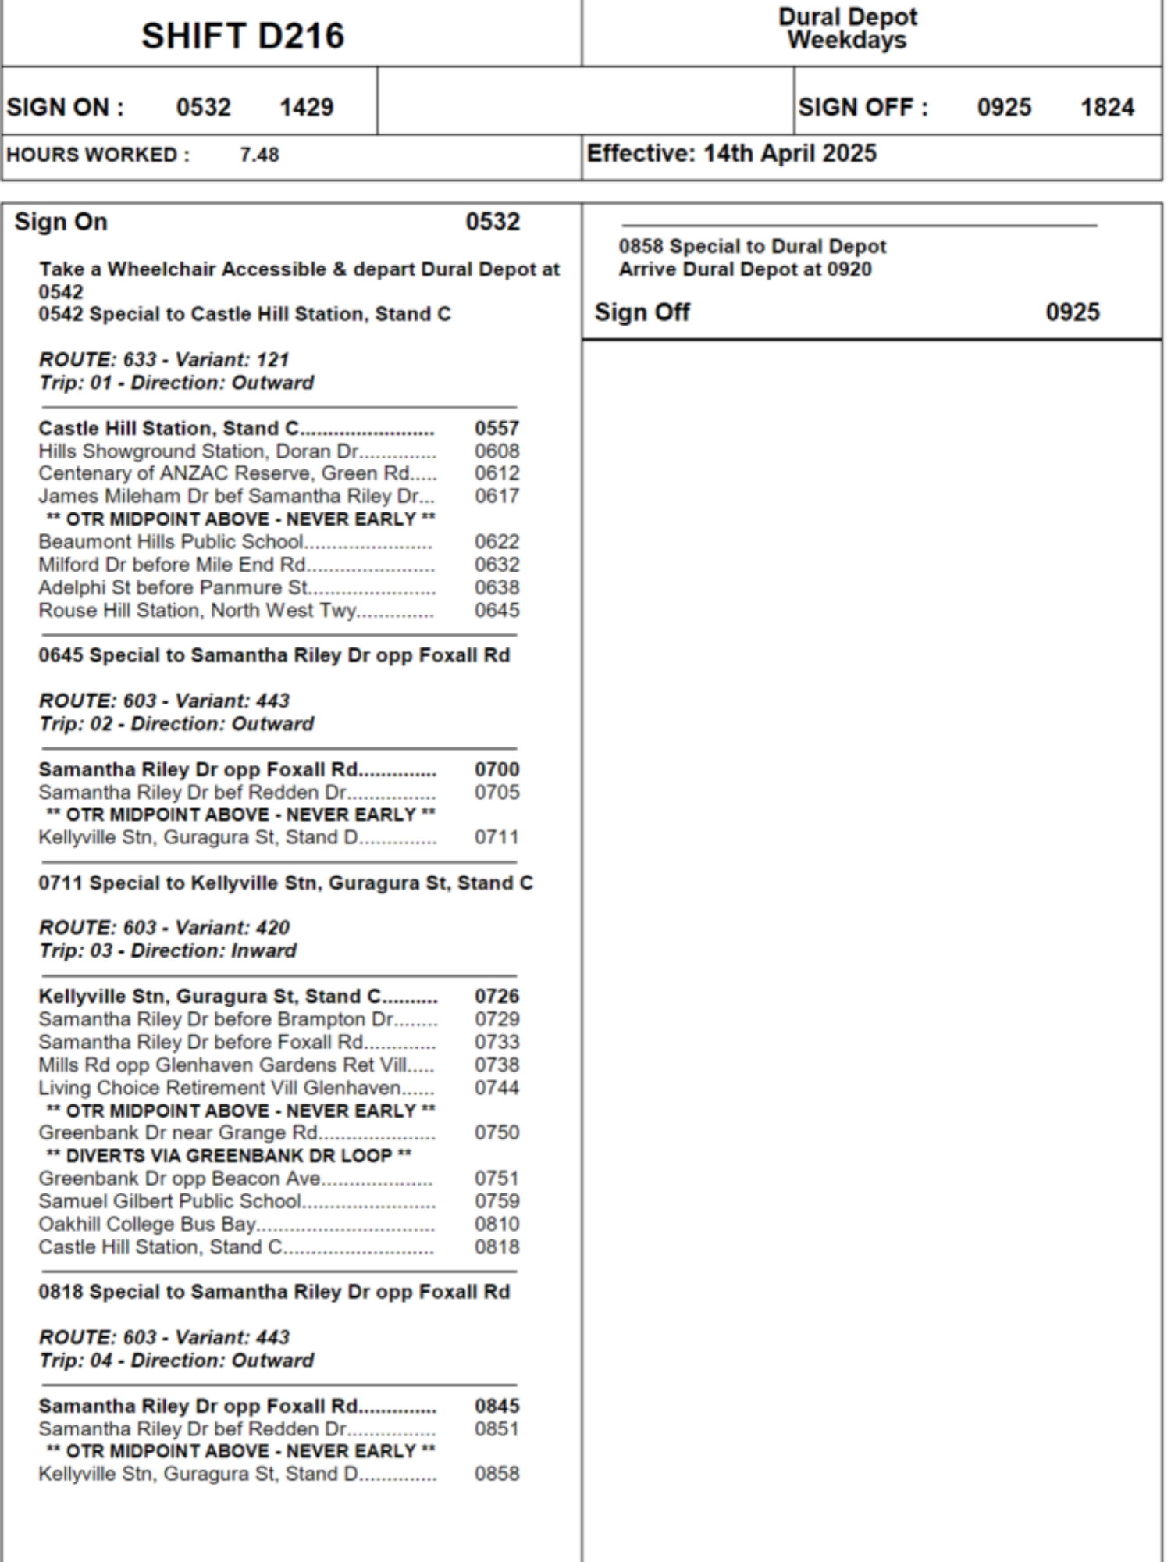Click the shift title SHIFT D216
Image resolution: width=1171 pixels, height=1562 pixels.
[242, 36]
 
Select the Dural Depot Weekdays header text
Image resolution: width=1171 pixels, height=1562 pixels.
[847, 28]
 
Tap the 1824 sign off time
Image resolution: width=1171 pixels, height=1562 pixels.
[1107, 107]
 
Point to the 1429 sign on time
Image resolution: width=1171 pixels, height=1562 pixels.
[306, 107]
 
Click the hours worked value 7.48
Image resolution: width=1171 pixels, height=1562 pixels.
[259, 155]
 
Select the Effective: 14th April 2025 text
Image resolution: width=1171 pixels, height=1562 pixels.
[731, 153]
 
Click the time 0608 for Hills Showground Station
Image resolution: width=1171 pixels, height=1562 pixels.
[497, 451]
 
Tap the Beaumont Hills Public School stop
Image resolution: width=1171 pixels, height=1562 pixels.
[171, 541]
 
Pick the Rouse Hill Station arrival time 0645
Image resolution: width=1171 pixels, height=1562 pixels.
[497, 610]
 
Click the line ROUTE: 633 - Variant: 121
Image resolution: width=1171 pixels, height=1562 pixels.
[164, 359]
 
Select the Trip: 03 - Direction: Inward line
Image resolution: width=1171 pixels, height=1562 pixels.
[168, 950]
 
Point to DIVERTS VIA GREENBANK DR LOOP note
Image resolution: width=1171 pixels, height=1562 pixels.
[229, 1155]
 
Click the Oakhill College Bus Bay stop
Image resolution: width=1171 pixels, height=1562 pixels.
[147, 1224]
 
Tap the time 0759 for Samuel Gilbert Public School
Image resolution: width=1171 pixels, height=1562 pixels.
[497, 1200]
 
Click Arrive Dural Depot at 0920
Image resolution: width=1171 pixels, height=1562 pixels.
[745, 269]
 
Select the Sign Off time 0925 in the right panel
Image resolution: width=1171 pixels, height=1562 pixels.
[1073, 312]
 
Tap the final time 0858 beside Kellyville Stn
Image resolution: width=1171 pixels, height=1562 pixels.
[497, 1474]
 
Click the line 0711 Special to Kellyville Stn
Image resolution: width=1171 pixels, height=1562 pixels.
[286, 883]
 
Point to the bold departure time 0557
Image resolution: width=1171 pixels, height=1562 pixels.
[497, 428]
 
